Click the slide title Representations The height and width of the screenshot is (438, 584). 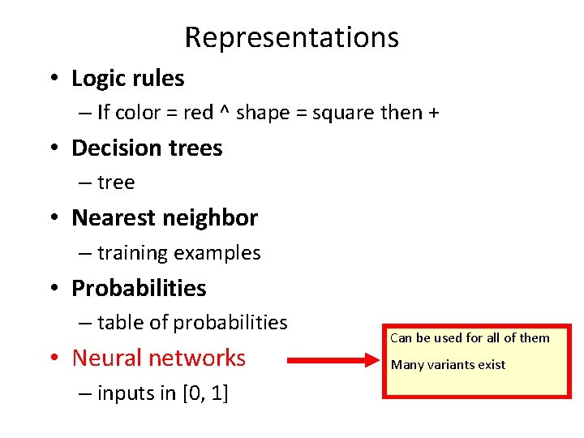coord(291,37)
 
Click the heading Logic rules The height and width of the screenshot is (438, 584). coord(127,79)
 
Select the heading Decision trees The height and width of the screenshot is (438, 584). coord(147,148)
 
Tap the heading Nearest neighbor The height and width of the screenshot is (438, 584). coord(165,218)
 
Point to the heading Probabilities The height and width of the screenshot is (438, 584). coord(139,288)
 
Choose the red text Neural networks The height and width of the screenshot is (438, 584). coord(159,358)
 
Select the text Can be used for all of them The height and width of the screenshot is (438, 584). coord(470,338)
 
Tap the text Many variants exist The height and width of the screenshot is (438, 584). coord(448,365)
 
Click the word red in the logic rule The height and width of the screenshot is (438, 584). coord(198,113)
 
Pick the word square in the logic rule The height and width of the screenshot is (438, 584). coord(344,114)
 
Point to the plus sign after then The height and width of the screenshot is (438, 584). coord(434,114)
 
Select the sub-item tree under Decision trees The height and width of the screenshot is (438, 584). coord(115,182)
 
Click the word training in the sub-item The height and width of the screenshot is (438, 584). coord(130,253)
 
